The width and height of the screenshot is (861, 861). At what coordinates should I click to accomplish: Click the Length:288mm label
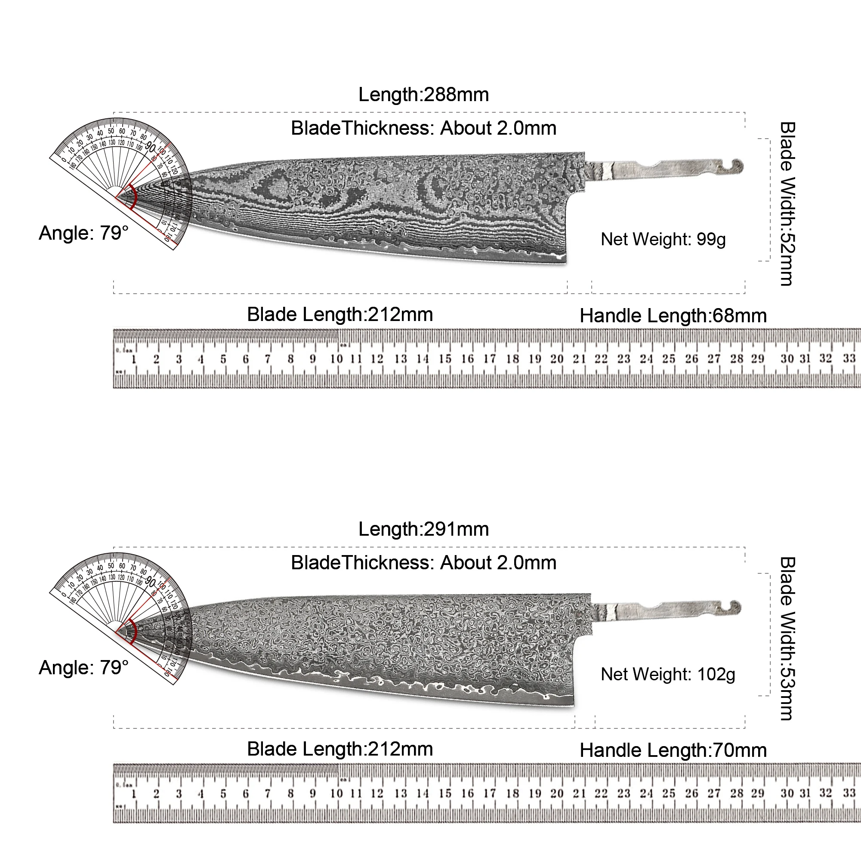(423, 95)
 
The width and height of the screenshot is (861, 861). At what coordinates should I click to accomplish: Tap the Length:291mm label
(423, 529)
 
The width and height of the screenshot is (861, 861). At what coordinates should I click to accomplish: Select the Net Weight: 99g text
(663, 240)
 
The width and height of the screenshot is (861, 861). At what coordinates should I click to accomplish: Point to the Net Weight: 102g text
(668, 674)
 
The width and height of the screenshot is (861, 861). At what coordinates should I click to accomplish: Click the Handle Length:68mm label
(673, 315)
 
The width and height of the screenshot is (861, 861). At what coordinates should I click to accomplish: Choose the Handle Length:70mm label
(673, 750)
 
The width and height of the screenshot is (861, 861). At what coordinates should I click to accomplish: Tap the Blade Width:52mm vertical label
(787, 203)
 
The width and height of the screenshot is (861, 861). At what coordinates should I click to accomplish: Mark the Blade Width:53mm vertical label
(787, 638)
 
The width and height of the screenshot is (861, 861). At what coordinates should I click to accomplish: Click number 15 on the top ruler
(445, 359)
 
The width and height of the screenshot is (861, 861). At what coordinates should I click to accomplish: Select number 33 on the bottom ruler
(849, 793)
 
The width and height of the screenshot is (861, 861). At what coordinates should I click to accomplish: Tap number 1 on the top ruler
(134, 359)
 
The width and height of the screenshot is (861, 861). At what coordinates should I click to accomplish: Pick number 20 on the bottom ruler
(557, 793)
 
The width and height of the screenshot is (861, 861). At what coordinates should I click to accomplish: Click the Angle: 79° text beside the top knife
(83, 233)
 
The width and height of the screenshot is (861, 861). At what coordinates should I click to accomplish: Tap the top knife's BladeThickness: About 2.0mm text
(423, 128)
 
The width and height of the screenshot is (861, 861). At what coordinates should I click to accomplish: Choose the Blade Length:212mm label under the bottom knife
(339, 749)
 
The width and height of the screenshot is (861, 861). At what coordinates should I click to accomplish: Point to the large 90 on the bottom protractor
(151, 582)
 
